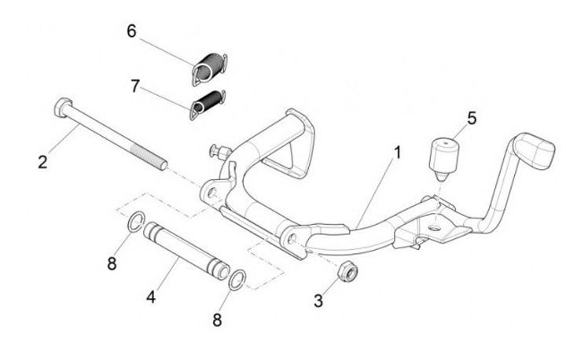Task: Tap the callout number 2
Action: tap(42, 163)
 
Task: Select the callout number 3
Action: tap(318, 300)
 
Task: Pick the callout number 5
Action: tap(472, 118)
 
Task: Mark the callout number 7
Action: tap(135, 85)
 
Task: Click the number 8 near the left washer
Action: tap(112, 263)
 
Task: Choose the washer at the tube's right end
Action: tap(237, 277)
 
